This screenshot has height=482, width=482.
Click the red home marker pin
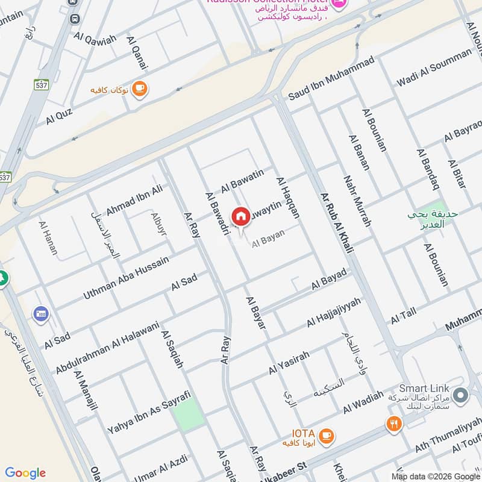[x=240, y=216]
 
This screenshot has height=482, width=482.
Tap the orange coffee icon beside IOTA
[x=326, y=436]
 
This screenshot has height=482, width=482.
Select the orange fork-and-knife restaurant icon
[x=395, y=424]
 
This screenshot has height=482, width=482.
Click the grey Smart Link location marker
[x=461, y=396]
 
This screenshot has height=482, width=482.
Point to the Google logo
[x=25, y=473]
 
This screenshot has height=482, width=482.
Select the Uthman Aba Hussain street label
[x=125, y=276]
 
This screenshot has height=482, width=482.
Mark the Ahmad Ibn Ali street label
[x=134, y=201]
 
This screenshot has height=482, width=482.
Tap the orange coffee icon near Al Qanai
[x=139, y=89]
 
